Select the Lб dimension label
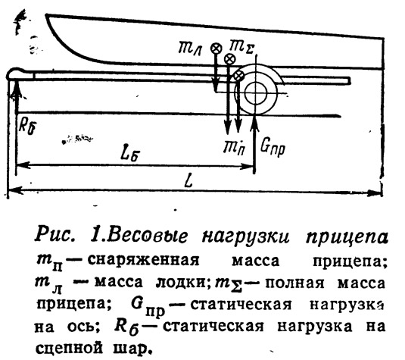click(129, 155)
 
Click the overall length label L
click(189, 180)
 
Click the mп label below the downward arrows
click(235, 148)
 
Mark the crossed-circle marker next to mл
click(217, 49)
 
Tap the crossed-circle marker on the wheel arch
click(238, 77)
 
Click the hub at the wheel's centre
click(255, 94)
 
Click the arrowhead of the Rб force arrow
click(16, 86)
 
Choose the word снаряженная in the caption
click(143, 261)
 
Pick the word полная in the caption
click(294, 283)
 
